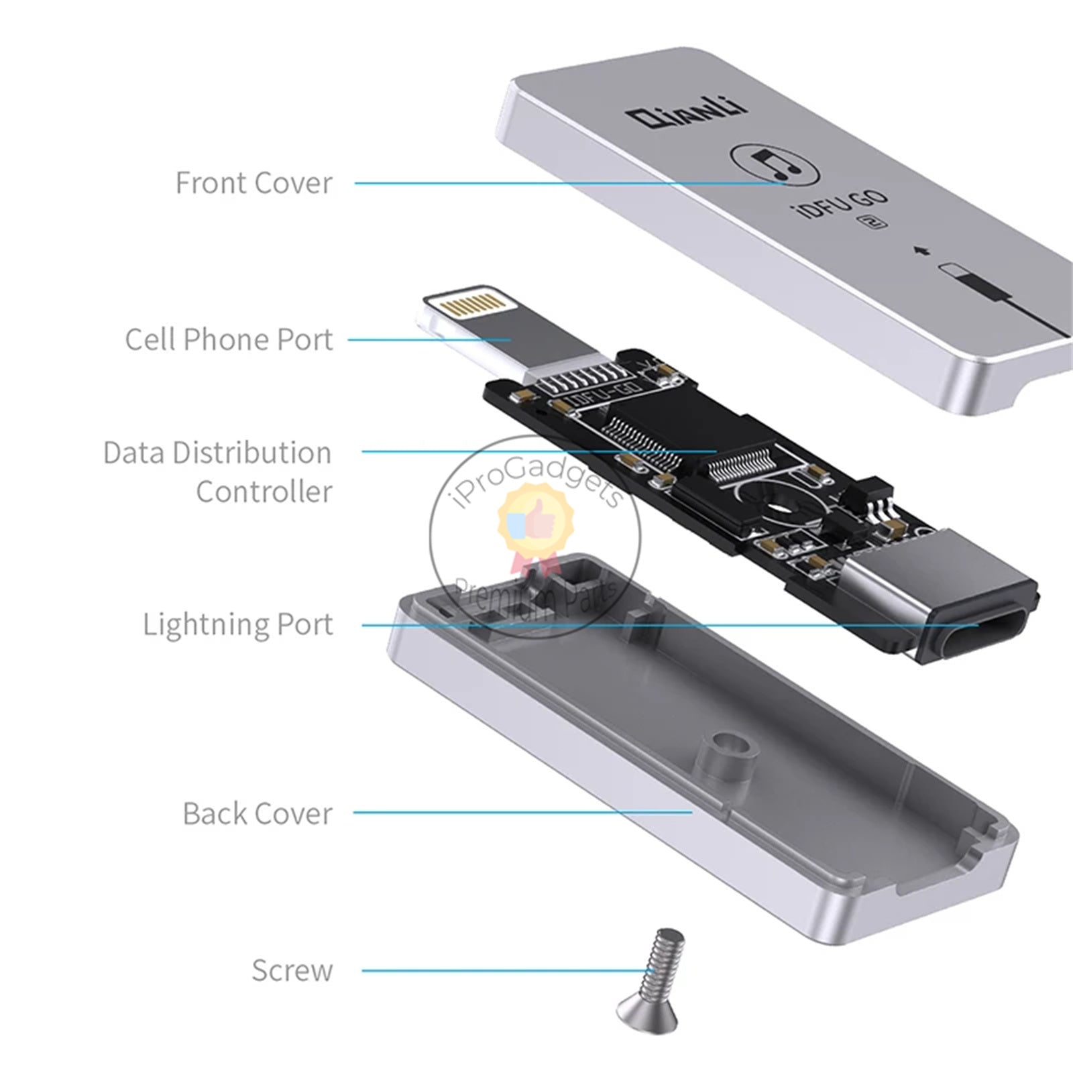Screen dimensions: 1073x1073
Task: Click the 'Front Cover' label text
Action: click(253, 183)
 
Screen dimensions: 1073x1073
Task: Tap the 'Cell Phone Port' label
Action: click(229, 339)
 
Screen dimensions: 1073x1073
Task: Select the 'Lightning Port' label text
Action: click(238, 624)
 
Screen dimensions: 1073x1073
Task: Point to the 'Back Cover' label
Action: click(258, 813)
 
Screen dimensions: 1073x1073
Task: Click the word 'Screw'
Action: click(292, 970)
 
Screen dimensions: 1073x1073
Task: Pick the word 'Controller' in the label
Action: click(264, 492)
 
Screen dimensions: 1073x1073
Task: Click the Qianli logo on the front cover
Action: click(688, 115)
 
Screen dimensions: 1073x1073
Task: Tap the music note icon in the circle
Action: click(774, 164)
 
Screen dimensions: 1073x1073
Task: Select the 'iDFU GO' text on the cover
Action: click(842, 204)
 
